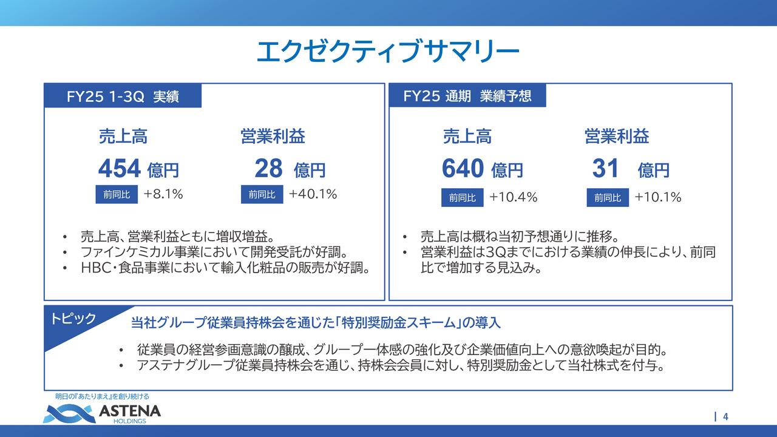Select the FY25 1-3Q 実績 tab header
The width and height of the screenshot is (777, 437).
click(x=123, y=97)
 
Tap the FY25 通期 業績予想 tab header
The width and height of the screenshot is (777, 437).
click(x=467, y=96)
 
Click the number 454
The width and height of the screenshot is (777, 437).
click(x=120, y=168)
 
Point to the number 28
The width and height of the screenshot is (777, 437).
click(x=268, y=168)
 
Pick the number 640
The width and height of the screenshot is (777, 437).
click(x=463, y=168)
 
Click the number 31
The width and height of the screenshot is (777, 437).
click(x=605, y=168)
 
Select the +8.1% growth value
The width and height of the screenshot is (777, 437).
click(x=163, y=195)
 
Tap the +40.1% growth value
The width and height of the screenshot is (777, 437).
click(x=313, y=195)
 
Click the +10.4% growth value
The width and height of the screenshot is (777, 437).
click(x=513, y=197)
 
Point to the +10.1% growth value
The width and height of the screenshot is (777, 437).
click(x=657, y=197)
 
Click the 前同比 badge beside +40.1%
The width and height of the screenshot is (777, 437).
click(x=262, y=195)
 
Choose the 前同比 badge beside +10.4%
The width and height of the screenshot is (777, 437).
click(x=462, y=198)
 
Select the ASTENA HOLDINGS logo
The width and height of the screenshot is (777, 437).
click(x=102, y=413)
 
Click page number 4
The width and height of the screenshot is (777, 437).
click(x=725, y=416)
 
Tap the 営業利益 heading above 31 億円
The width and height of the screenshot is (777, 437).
click(x=617, y=137)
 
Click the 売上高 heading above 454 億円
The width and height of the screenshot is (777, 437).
click(x=123, y=137)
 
